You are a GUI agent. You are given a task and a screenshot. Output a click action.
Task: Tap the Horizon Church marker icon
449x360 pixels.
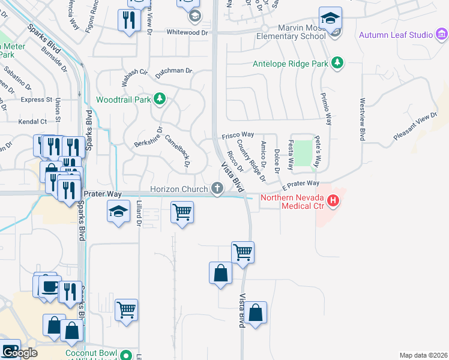point(217,189)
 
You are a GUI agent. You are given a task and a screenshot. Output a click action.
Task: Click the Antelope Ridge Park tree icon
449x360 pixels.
point(337,62)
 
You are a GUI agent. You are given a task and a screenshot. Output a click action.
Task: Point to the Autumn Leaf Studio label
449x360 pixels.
point(396,35)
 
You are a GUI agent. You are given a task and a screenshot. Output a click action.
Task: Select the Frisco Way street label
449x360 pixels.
point(238,135)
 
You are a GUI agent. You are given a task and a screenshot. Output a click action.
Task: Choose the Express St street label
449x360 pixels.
point(36,100)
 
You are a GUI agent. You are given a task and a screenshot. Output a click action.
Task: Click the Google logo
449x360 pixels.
point(19,353)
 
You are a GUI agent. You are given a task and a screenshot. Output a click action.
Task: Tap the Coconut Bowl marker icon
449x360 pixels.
point(126,355)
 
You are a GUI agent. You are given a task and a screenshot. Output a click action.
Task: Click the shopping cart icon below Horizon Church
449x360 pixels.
point(182,212)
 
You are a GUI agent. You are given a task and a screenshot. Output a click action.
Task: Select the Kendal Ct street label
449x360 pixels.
point(33,121)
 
